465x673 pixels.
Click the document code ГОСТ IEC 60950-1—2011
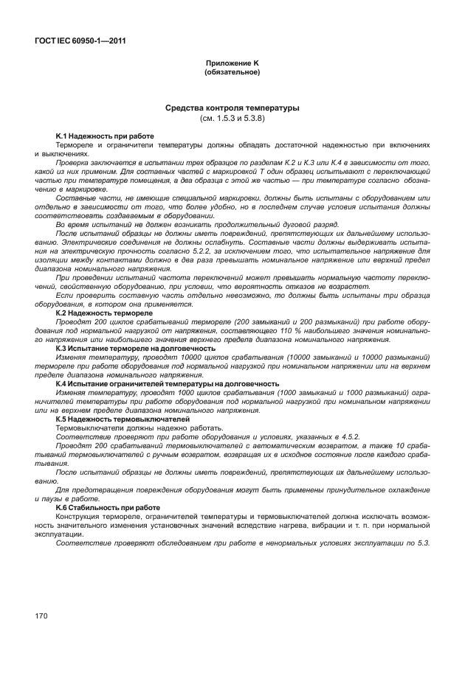80,41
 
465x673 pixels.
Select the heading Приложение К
232,64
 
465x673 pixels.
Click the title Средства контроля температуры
232,108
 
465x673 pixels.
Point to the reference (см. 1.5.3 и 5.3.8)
232,118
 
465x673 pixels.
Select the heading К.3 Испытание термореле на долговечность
135,348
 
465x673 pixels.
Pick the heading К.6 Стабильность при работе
108,508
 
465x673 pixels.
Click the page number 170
41,614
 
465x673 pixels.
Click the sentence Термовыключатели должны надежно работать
139,428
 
